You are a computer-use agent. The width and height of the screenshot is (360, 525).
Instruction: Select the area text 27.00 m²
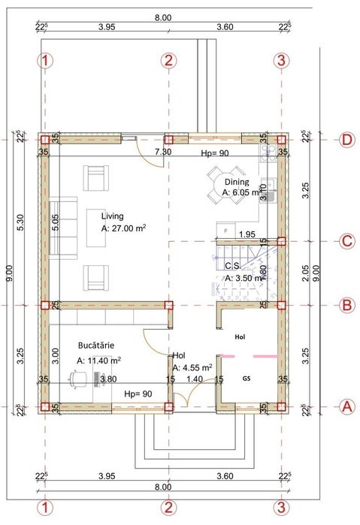(x=123, y=228)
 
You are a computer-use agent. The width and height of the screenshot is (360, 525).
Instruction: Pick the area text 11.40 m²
(x=99, y=361)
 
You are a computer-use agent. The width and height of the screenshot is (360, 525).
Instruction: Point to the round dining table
(x=229, y=186)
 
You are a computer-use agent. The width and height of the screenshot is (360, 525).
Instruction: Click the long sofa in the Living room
(x=65, y=225)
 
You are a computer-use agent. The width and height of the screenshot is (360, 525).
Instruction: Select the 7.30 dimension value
(x=162, y=152)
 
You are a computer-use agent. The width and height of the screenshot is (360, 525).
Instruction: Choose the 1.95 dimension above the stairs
(x=247, y=235)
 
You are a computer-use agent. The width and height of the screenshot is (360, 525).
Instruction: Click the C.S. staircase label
(x=232, y=265)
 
